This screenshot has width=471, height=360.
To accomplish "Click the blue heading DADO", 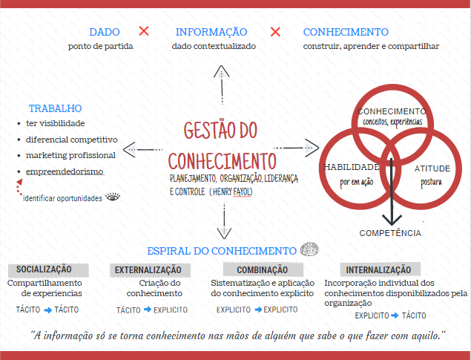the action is (105, 32).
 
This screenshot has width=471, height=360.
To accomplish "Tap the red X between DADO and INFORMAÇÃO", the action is (144, 31).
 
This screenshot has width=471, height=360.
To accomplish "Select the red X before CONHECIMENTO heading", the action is (275, 32).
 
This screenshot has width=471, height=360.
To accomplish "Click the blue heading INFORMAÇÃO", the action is (211, 32).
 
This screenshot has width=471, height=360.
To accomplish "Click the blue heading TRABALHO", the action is (56, 108).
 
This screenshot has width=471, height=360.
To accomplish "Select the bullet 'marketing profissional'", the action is (70, 155).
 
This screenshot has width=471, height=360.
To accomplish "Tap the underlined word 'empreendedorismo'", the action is (65, 171).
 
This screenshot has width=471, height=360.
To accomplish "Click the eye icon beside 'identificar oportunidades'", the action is (113, 197).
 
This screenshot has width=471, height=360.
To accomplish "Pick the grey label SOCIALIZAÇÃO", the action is (44, 269).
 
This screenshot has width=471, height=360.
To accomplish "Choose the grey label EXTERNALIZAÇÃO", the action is (148, 269).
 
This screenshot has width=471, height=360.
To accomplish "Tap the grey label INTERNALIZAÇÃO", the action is (378, 269).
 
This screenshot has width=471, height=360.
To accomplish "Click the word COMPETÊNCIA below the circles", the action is (390, 233).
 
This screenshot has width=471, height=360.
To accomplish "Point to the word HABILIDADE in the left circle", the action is (352, 167).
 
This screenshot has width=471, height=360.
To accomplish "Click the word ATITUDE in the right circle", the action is (432, 168).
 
